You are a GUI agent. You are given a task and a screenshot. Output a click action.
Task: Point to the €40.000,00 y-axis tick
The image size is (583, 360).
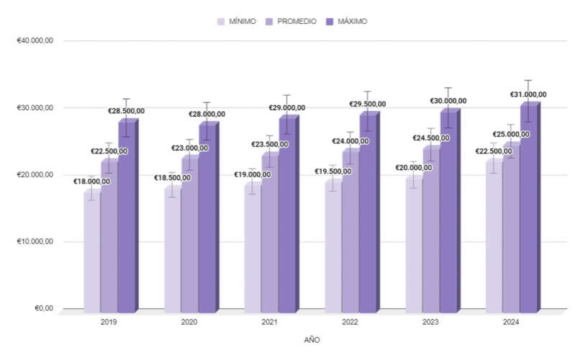[35, 41]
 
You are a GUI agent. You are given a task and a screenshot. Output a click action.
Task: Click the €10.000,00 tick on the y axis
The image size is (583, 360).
[35, 242]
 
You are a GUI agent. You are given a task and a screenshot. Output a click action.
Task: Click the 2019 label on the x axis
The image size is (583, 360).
[109, 323]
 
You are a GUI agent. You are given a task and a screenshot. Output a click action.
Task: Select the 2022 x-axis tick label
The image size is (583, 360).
[351, 323]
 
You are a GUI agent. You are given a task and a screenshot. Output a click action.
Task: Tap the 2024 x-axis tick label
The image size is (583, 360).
[511, 323]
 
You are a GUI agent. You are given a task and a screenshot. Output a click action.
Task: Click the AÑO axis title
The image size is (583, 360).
[312, 339]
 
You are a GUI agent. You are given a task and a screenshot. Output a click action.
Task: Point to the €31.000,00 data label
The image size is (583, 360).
[524, 94]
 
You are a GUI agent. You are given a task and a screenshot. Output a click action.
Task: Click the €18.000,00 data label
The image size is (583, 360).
[92, 181]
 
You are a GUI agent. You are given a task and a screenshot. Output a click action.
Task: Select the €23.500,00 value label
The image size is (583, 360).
[270, 144]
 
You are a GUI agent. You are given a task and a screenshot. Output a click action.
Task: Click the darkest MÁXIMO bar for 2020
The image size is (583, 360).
[207, 223]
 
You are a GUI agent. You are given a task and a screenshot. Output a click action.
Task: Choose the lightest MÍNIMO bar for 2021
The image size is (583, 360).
[252, 252]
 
